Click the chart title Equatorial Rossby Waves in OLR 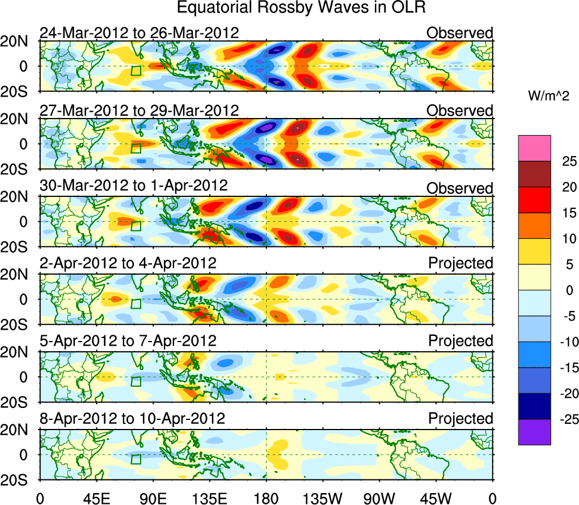pyautogui.click(x=301, y=8)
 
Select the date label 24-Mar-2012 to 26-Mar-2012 pyautogui.click(x=139, y=33)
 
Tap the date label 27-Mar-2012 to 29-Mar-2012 pyautogui.click(x=139, y=110)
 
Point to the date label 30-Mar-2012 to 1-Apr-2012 pyautogui.click(x=134, y=186)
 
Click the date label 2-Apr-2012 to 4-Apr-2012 pyautogui.click(x=128, y=263)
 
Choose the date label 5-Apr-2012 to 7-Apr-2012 pyautogui.click(x=128, y=341)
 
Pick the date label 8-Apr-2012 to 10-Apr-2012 pyautogui.click(x=133, y=419)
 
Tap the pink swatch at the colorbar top pyautogui.click(x=534, y=148)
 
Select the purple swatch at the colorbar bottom pyautogui.click(x=534, y=432)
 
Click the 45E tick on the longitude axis pyautogui.click(x=96, y=498)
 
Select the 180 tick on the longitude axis pyautogui.click(x=266, y=498)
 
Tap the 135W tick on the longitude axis pyautogui.click(x=323, y=498)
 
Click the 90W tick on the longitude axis pyautogui.click(x=379, y=498)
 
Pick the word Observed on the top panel pyautogui.click(x=460, y=33)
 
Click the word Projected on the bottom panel pyautogui.click(x=460, y=419)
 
